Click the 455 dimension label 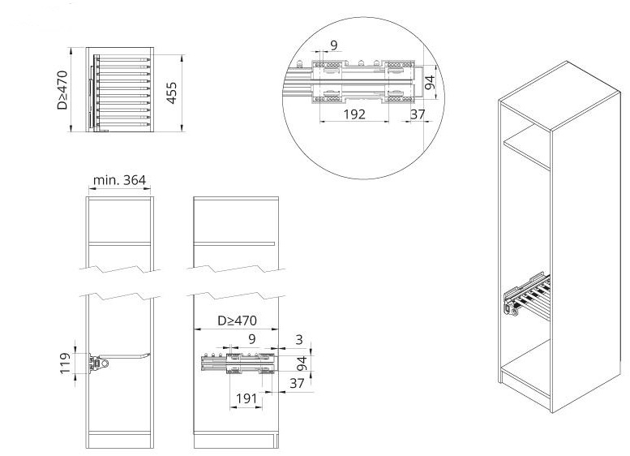point(172,92)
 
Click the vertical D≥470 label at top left point(62,90)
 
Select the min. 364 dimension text point(119,180)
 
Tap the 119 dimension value point(66,364)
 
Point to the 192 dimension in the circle point(354,114)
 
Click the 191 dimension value point(246,398)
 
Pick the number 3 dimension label point(299,340)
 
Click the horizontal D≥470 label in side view point(237,320)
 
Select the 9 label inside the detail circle point(334,45)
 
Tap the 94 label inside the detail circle point(430,83)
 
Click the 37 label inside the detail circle point(418,114)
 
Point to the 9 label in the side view point(252,339)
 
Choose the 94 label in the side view point(302,364)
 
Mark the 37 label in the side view point(297,383)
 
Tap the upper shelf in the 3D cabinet point(527,147)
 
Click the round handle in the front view point(105,364)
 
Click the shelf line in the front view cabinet point(119,243)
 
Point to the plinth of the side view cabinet point(236,441)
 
